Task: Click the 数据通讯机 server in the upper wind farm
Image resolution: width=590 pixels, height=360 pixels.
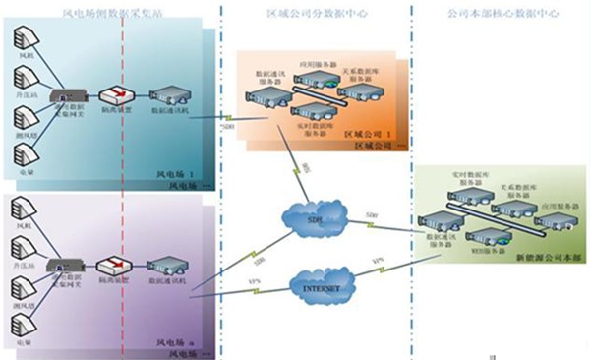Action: pyautogui.click(x=164, y=97)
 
